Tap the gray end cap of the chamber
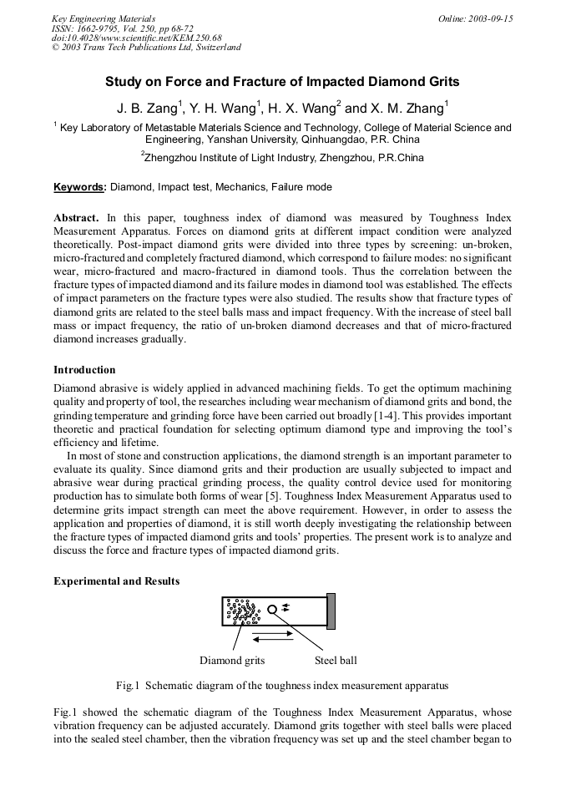(x=331, y=611)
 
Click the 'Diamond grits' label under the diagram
(x=232, y=661)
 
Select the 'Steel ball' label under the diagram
(x=336, y=661)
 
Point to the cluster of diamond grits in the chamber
(x=242, y=612)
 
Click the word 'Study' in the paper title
(x=124, y=82)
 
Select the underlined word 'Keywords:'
(x=80, y=187)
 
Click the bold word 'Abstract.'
(x=77, y=218)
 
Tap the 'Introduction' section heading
(x=84, y=369)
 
